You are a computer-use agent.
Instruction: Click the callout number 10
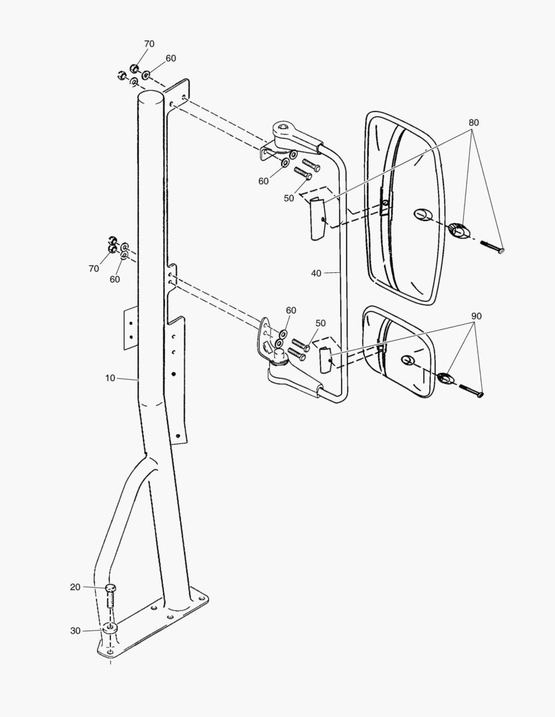110,378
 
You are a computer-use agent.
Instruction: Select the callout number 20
75,587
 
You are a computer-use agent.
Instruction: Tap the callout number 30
75,631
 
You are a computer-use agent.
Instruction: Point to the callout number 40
316,273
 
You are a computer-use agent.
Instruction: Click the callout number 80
473,123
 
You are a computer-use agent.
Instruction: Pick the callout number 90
476,316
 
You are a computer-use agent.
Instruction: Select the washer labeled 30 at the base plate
110,627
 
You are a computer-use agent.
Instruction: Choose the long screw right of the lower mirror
471,390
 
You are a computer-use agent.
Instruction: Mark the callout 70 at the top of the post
149,44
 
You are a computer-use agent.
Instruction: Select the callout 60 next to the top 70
171,58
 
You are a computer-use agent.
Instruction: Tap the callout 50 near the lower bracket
320,323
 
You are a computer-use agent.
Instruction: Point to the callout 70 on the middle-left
93,268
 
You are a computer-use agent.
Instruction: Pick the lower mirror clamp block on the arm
325,359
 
